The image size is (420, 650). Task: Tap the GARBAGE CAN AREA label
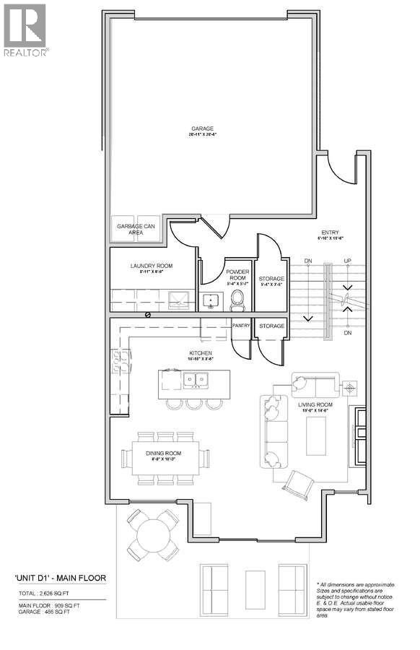(x=136, y=229)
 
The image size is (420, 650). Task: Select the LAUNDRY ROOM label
(x=152, y=266)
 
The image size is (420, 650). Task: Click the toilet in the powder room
(x=237, y=304)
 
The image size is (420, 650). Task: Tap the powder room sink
(x=211, y=300)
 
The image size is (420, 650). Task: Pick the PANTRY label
(x=240, y=326)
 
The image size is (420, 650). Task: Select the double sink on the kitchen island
(x=193, y=379)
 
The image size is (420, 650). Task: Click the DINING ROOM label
(x=162, y=453)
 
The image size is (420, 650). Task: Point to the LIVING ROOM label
(x=315, y=404)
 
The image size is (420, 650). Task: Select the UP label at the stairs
(x=348, y=261)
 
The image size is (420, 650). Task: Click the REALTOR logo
(x=26, y=30)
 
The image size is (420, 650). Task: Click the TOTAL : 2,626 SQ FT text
(x=45, y=592)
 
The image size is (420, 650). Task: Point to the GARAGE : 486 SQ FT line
(x=45, y=612)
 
